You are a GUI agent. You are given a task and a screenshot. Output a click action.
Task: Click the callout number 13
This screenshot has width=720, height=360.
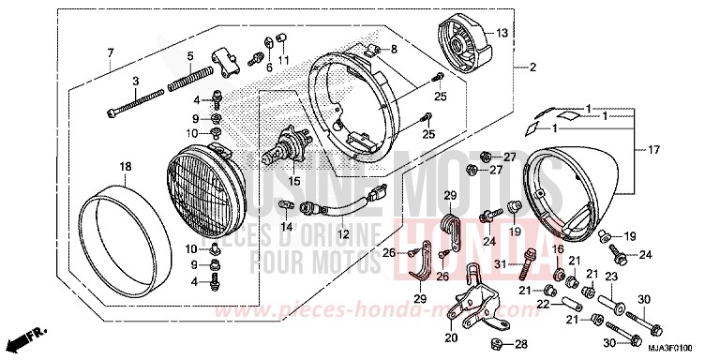(x=502, y=33)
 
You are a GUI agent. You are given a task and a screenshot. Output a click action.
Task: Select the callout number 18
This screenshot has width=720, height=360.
(x=125, y=166)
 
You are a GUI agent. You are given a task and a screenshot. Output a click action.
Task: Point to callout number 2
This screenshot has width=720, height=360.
(x=532, y=67)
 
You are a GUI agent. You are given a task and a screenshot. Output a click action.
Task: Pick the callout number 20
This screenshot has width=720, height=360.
(x=450, y=337)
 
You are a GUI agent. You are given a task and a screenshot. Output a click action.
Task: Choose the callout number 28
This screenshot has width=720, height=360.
(x=520, y=343)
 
